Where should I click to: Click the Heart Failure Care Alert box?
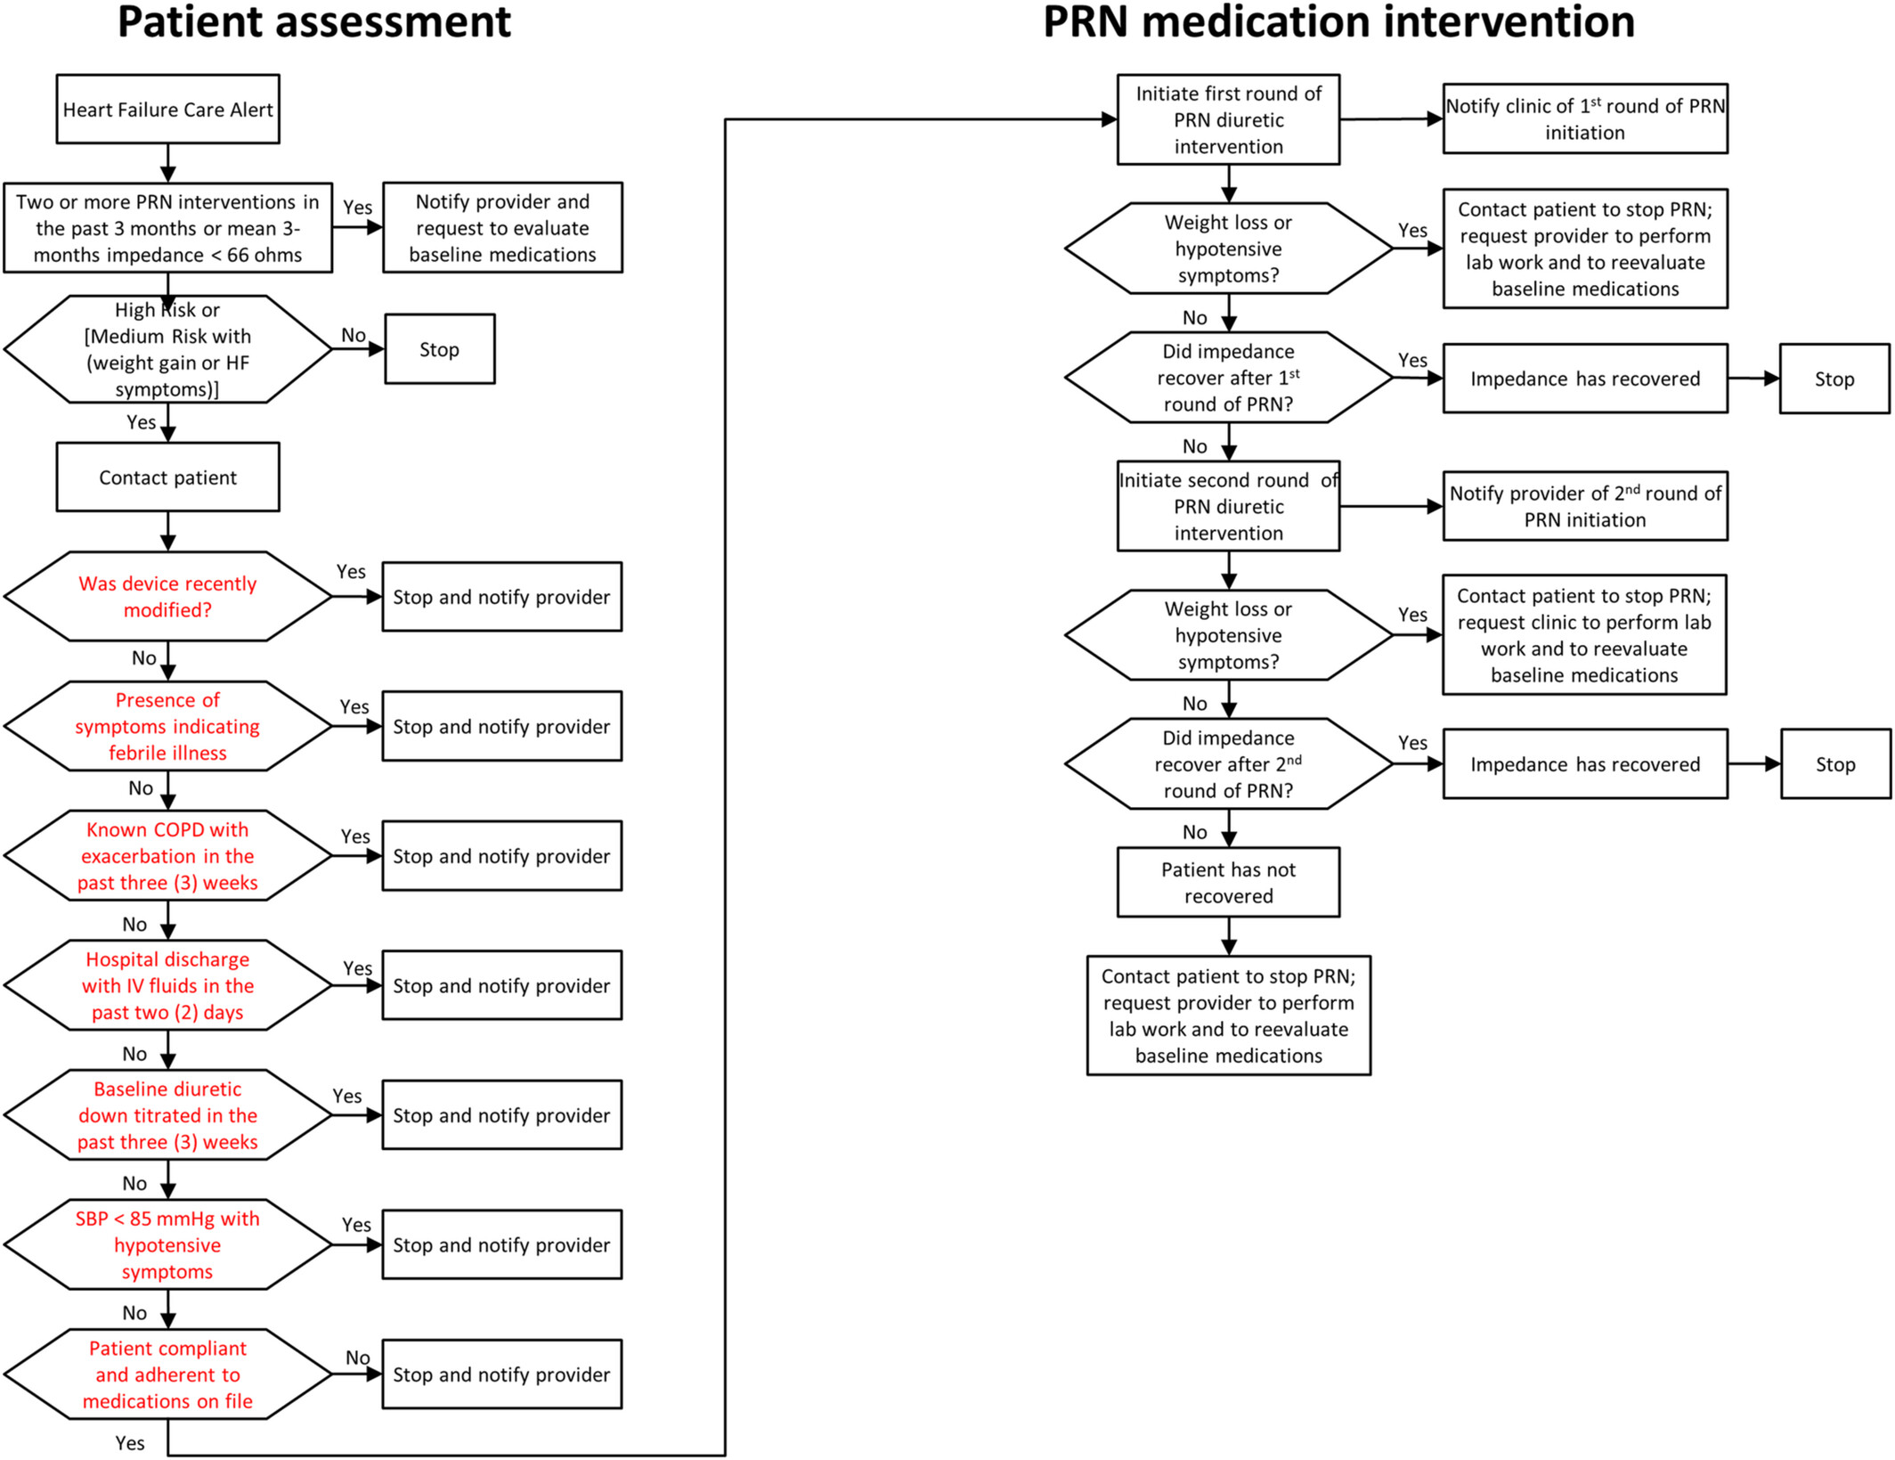[x=167, y=109]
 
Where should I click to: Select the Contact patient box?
[x=167, y=477]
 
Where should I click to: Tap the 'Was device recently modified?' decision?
[x=167, y=596]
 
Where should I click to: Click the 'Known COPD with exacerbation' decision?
[x=167, y=855]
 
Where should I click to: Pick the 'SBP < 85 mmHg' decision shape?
[x=167, y=1244]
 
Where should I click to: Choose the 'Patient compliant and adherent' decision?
[x=167, y=1374]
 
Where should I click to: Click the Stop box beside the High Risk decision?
[x=440, y=348]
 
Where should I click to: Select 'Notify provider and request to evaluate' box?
[x=502, y=227]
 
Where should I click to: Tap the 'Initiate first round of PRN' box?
[x=1228, y=119]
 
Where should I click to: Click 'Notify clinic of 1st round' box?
[x=1585, y=118]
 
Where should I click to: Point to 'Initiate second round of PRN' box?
[x=1228, y=506]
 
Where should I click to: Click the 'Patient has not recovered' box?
[x=1228, y=882]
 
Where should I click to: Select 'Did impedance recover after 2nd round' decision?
[x=1228, y=763]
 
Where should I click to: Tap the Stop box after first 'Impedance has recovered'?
[x=1834, y=379]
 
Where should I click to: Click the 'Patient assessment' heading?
[x=314, y=22]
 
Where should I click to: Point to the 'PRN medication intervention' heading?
[x=1338, y=21]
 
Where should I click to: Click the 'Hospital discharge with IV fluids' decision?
[x=167, y=985]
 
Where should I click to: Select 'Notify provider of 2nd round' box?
[x=1585, y=506]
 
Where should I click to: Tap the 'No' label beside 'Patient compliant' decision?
[x=358, y=1358]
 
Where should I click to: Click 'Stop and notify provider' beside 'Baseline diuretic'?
[x=502, y=1114]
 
